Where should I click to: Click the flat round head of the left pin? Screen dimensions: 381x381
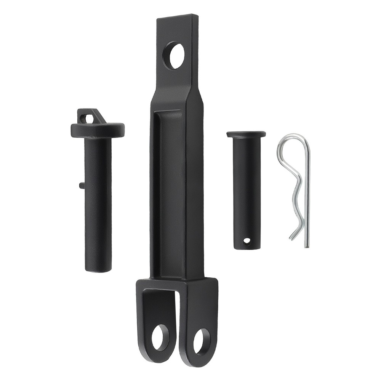[98, 130]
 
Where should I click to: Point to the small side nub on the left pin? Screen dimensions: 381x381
[82, 185]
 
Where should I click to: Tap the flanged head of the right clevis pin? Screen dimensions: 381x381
[246, 134]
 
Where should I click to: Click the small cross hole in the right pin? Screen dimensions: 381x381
[247, 241]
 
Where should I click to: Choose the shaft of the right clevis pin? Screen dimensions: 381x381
[247, 190]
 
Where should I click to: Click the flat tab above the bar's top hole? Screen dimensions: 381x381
[178, 29]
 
